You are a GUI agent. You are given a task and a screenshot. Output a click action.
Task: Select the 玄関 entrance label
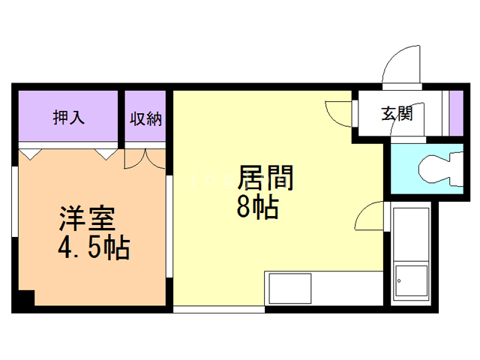(x=397, y=114)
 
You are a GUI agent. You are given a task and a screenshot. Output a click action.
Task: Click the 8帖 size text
(x=257, y=207)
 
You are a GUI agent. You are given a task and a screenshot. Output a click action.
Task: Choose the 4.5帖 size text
(x=92, y=247)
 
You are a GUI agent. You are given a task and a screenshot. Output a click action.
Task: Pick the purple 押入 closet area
(x=69, y=118)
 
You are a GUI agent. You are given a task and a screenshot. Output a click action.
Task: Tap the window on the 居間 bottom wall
(x=217, y=307)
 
